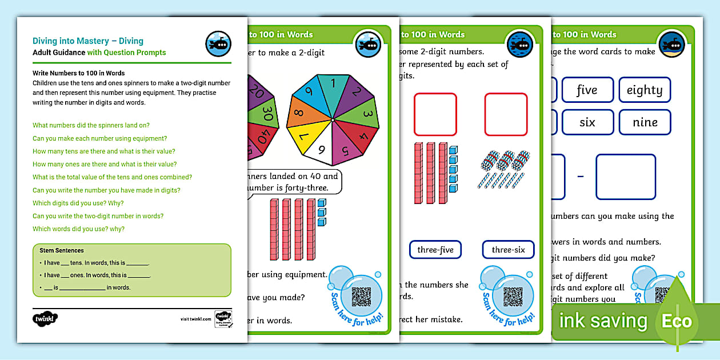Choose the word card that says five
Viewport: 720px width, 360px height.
click(x=587, y=90)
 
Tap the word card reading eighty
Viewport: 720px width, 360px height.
click(x=644, y=90)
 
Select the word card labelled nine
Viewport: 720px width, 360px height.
click(x=644, y=122)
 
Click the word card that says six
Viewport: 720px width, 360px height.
click(x=587, y=122)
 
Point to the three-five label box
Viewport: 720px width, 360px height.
click(x=435, y=250)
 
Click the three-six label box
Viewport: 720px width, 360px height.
click(x=507, y=250)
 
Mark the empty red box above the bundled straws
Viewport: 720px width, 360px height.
click(x=506, y=115)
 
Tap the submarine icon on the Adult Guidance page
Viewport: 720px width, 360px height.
click(x=218, y=44)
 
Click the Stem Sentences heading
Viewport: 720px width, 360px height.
click(x=62, y=250)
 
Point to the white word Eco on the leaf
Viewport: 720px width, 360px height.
click(x=677, y=321)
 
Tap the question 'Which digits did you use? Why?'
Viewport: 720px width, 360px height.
click(x=78, y=203)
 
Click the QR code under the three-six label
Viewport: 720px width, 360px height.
click(x=513, y=296)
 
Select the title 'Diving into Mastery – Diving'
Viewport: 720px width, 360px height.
click(x=88, y=41)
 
